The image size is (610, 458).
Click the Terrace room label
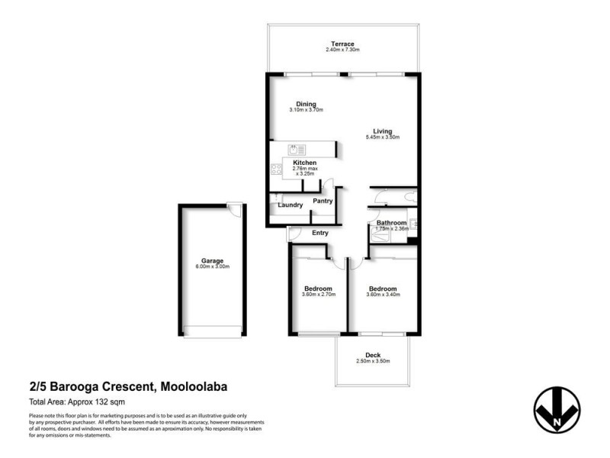click(342, 44)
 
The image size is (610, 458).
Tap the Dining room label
click(307, 105)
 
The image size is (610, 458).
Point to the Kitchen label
click(305, 163)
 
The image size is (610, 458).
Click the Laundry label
click(291, 205)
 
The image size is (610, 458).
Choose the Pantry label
click(323, 201)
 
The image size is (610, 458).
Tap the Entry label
click(320, 233)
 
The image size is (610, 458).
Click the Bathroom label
click(392, 222)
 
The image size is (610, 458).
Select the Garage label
click(212, 261)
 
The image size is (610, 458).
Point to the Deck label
click(373, 355)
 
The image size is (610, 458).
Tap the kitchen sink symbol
click(297, 150)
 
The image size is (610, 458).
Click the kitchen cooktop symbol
click(275, 170)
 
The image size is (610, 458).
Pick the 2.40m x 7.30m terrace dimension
click(342, 50)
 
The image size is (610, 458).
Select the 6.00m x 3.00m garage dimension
click(212, 267)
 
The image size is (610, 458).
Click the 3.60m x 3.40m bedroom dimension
click(382, 295)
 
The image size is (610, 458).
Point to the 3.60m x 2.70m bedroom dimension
click(318, 295)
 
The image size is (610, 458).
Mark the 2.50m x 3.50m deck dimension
click(373, 361)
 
